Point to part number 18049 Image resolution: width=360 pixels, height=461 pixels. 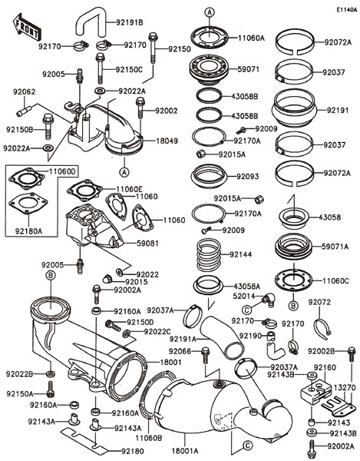[x=167, y=141]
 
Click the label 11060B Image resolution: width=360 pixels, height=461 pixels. [x=149, y=437]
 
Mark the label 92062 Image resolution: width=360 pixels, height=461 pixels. [x=25, y=91]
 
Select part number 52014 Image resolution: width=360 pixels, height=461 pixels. [x=244, y=296]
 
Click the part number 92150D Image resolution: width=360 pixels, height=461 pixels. [x=140, y=322]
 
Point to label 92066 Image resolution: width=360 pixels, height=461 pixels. [x=180, y=351]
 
